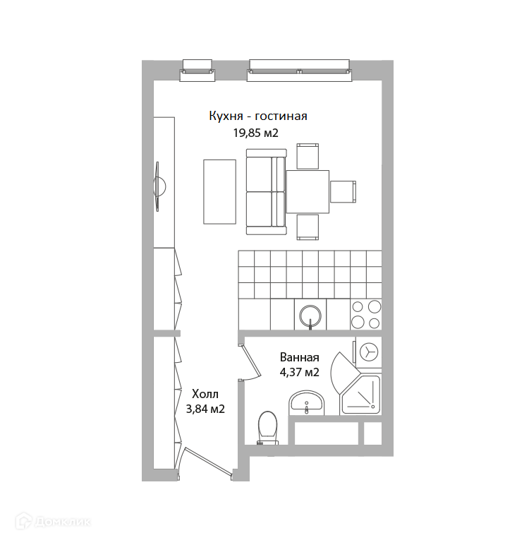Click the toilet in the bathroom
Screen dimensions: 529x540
(x=267, y=428)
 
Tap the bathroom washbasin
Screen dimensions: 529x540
(x=307, y=402)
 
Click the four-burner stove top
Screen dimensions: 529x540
(x=366, y=314)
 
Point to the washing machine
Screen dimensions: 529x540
(x=368, y=352)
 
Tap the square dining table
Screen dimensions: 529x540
(x=308, y=192)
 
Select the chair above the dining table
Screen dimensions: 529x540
(x=308, y=156)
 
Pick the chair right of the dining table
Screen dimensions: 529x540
(x=343, y=191)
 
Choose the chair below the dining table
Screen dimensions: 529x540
(x=308, y=227)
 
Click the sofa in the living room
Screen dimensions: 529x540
(x=266, y=192)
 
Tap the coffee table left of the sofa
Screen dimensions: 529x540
(x=219, y=192)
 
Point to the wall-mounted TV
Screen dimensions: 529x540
(x=159, y=186)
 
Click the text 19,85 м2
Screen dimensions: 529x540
(x=256, y=133)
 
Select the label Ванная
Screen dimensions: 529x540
(x=300, y=357)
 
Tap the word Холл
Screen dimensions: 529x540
(x=205, y=394)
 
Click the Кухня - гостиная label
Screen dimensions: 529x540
(x=258, y=116)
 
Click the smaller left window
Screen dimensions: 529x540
(x=197, y=71)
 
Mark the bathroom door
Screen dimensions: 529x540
(x=250, y=361)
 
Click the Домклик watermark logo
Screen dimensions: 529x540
(x=54, y=522)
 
